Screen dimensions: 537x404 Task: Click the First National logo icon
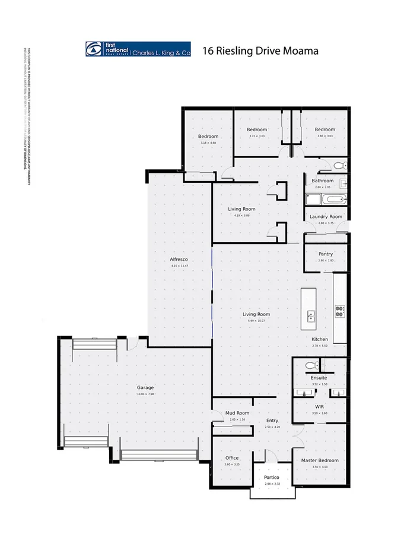(x=94, y=50)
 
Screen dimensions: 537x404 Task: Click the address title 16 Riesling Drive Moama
(x=260, y=50)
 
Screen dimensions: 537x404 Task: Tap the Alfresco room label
(x=179, y=260)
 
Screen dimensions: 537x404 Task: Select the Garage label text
(x=145, y=388)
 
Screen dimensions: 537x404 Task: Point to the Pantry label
(x=325, y=254)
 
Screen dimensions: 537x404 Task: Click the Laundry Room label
(x=326, y=217)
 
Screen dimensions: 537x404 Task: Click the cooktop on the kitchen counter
(x=340, y=309)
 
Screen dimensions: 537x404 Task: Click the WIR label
(x=319, y=406)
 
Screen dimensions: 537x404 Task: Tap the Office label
(x=231, y=458)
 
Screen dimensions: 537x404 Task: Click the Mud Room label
(x=237, y=413)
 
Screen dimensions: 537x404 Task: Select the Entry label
(x=272, y=421)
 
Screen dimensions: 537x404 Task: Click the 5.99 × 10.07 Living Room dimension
(x=256, y=321)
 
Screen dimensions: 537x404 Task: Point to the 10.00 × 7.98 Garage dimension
(x=145, y=394)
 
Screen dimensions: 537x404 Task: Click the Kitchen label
(x=320, y=339)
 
